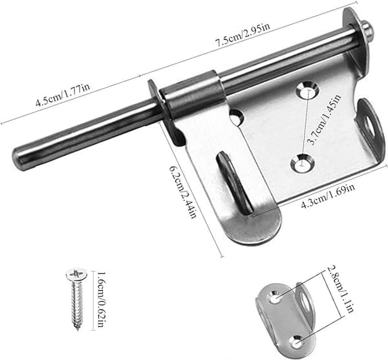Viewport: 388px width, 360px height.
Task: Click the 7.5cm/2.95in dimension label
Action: (242, 36)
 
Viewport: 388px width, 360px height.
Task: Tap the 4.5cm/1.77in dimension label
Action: (63, 96)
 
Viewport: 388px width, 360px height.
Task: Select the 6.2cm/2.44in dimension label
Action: (183, 192)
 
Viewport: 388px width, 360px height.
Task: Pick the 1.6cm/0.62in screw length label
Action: (101, 300)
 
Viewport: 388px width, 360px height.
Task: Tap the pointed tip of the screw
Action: (78, 330)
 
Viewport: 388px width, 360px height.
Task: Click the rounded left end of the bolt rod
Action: (17, 158)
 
